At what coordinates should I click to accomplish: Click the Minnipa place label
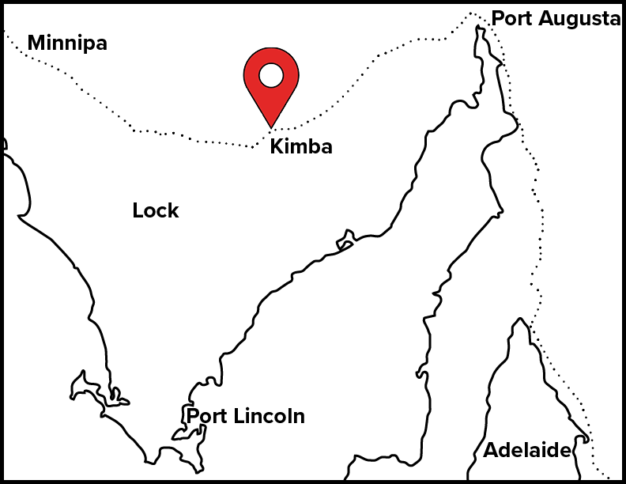click(67, 43)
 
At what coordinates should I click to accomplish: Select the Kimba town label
click(301, 146)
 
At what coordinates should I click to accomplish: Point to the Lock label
click(156, 211)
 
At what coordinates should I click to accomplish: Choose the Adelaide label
click(526, 451)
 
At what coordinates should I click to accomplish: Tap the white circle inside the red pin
click(271, 75)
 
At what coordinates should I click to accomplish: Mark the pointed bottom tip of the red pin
click(271, 127)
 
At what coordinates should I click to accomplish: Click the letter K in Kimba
click(276, 146)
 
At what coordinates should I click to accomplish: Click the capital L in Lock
click(138, 211)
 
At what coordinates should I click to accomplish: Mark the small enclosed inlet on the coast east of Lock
click(345, 238)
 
